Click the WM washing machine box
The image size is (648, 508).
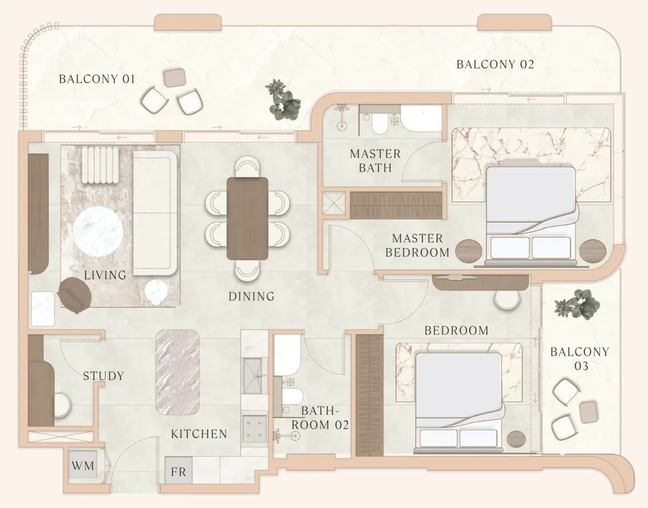tap(83, 465)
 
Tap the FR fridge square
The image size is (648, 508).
tap(178, 470)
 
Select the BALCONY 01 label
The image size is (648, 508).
tap(97, 79)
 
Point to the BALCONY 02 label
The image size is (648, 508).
tap(496, 64)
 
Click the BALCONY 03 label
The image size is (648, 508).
tap(580, 359)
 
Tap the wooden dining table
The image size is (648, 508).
tap(247, 218)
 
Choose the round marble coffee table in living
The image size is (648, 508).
tap(98, 231)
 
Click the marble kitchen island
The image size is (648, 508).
tap(178, 372)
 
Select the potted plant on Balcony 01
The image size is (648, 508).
tap(283, 100)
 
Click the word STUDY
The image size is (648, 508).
tap(103, 376)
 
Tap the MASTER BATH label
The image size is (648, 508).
tap(375, 161)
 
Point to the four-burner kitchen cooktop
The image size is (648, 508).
tap(254, 429)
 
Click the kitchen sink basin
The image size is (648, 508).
tap(253, 376)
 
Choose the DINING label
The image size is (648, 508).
tap(251, 296)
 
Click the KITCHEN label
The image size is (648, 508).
tap(199, 434)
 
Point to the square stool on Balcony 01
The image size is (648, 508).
tap(175, 78)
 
